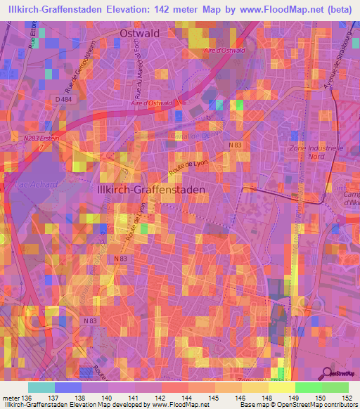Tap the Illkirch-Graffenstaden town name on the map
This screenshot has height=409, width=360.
click(150, 190)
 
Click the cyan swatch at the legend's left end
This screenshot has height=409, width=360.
click(41, 387)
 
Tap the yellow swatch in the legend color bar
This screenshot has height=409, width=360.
click(281, 387)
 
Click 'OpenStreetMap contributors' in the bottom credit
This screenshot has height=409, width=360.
click(320, 405)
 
